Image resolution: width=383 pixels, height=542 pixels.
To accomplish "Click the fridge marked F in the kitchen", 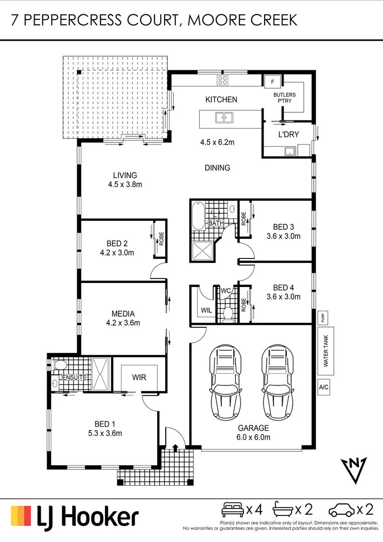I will tap(273, 81).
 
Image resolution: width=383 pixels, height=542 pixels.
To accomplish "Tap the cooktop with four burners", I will tap(222, 80).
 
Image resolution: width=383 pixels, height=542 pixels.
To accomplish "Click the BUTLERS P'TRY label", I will tap(285, 98).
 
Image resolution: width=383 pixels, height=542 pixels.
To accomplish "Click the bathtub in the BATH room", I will tap(196, 215).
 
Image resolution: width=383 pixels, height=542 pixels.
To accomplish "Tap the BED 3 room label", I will tap(283, 226).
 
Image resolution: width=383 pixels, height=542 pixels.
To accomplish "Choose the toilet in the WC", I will tap(227, 313).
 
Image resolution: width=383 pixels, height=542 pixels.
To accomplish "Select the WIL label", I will tap(206, 311).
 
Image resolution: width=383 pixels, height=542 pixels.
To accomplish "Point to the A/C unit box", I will tap(324, 387).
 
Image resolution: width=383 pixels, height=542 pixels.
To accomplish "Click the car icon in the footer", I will tap(341, 510).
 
